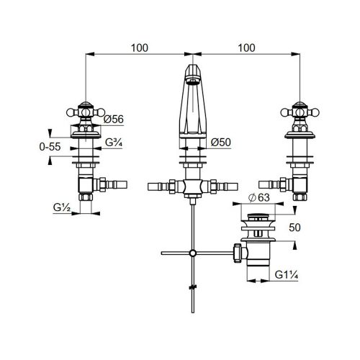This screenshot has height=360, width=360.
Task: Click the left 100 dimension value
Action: tap(140, 48)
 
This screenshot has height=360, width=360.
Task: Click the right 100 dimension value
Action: tap(246, 48)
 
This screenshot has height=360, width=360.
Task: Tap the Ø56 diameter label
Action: tap(114, 120)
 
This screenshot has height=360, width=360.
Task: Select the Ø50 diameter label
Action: tap(221, 143)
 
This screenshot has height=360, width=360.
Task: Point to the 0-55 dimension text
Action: tap(50, 147)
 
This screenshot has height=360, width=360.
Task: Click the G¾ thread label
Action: tap(114, 143)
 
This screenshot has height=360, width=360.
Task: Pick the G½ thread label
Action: tap(62, 207)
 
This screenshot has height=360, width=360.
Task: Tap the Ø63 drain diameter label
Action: tap(259, 198)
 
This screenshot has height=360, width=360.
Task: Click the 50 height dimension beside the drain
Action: tap(294, 228)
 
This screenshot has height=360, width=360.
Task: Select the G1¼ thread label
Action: tap(287, 274)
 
